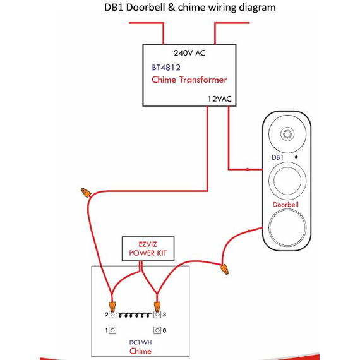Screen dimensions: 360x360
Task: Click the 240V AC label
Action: (x=189, y=53)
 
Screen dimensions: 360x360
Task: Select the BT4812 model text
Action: (x=166, y=68)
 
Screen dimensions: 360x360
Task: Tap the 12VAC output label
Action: (x=220, y=99)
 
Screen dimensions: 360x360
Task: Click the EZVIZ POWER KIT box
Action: (x=148, y=249)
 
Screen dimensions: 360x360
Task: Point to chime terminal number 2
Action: (x=112, y=315)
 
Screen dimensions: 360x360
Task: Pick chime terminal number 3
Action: (x=157, y=315)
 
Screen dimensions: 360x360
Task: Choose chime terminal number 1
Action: (x=112, y=330)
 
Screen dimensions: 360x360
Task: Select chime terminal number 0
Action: (x=157, y=330)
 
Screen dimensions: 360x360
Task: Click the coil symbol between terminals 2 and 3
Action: (x=135, y=315)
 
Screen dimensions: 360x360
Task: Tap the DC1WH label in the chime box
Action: (x=140, y=342)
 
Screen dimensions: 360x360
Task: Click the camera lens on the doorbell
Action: (x=287, y=134)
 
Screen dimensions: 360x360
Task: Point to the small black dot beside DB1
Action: (x=296, y=157)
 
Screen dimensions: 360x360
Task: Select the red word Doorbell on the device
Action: (x=285, y=205)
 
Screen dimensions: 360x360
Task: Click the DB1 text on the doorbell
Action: (x=277, y=157)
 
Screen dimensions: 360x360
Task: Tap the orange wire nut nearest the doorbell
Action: (x=225, y=269)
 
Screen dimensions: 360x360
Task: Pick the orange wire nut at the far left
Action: (x=86, y=193)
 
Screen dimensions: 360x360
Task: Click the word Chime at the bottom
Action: (x=140, y=351)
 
